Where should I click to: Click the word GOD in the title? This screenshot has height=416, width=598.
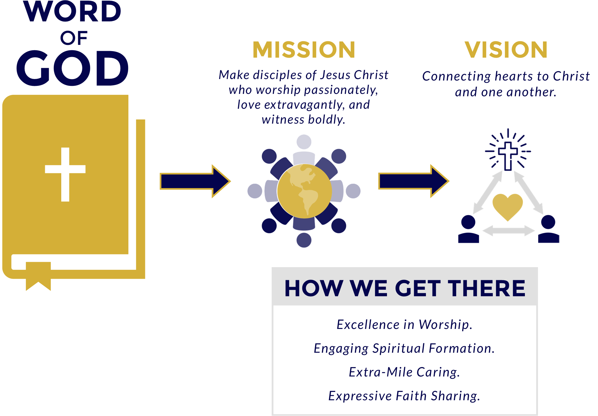[x=73, y=68]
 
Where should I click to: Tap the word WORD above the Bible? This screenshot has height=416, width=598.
[x=73, y=12]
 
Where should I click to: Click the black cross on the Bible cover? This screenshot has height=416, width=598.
[x=65, y=174]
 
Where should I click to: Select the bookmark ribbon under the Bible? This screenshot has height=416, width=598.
[x=38, y=276]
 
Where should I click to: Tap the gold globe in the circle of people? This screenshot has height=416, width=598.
[x=304, y=191]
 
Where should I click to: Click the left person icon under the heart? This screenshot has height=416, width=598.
[x=468, y=229]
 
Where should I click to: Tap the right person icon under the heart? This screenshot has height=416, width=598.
[x=548, y=229]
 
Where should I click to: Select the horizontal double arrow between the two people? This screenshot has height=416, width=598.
[x=509, y=231]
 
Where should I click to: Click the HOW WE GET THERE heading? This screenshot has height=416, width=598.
[x=405, y=288]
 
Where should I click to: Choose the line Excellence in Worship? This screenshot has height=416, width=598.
[x=404, y=324]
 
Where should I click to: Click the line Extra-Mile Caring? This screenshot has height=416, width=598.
[x=404, y=372]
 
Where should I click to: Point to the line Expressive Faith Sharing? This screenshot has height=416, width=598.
[x=404, y=396]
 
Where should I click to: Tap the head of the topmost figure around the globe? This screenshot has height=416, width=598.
[x=304, y=142]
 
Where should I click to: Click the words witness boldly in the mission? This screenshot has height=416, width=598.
[x=303, y=119]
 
